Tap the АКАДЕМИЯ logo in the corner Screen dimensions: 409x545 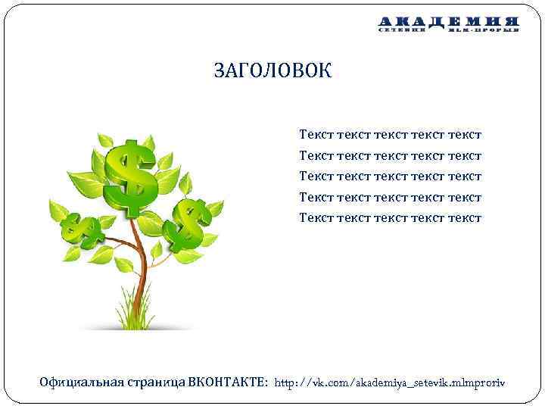[x=449, y=25]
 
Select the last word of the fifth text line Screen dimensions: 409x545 [x=464, y=217]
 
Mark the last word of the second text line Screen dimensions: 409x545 [x=464, y=156]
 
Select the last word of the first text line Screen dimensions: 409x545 [x=464, y=135]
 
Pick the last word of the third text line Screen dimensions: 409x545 [x=464, y=176]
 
